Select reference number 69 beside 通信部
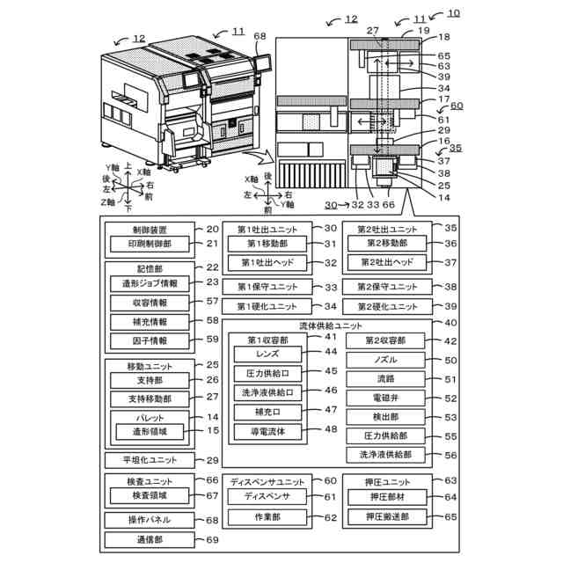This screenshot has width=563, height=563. click(213, 539)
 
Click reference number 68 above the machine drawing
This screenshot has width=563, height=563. click(259, 35)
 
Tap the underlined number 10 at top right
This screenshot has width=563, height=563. click(453, 13)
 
